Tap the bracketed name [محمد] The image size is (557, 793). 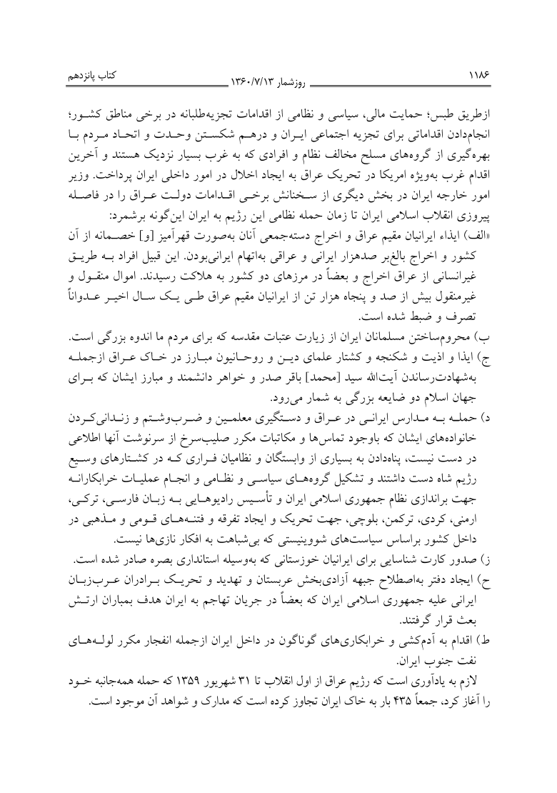[x=319, y=381]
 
